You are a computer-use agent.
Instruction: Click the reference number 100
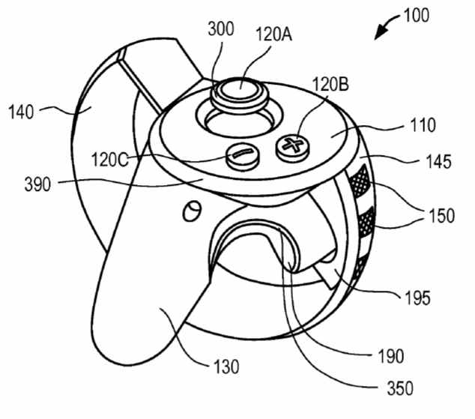(x=417, y=16)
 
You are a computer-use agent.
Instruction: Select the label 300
(x=221, y=29)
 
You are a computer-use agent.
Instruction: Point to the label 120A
(x=274, y=34)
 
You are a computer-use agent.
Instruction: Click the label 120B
(x=330, y=84)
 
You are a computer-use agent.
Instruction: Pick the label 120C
(x=109, y=160)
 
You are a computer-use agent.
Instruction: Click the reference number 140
(x=21, y=112)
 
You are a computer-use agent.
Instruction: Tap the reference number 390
(x=37, y=184)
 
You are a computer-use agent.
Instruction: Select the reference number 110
(x=423, y=125)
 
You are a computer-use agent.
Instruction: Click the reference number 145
(x=438, y=161)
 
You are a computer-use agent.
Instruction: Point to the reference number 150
(x=441, y=216)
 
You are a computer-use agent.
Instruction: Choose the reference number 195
(x=417, y=298)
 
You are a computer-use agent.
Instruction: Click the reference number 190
(x=391, y=356)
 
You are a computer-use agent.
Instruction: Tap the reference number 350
(x=400, y=388)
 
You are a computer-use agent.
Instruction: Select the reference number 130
(x=226, y=367)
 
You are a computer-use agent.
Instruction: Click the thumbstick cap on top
(x=240, y=92)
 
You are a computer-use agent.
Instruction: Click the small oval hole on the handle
(x=192, y=211)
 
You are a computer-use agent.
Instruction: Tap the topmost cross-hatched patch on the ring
(x=360, y=180)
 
